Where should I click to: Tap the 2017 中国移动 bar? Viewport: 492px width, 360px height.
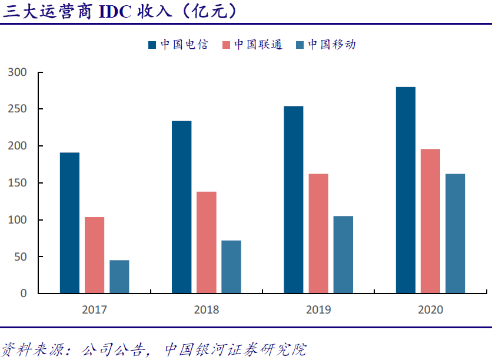point(119,276)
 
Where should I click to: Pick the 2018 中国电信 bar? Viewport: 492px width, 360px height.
point(181,206)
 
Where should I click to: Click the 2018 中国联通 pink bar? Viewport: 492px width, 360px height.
point(206,242)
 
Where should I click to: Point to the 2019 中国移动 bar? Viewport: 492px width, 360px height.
point(343,254)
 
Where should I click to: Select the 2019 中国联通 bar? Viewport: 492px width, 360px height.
point(318,233)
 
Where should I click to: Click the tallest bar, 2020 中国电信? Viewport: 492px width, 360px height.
point(405,189)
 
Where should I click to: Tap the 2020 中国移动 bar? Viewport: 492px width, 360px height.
point(455,233)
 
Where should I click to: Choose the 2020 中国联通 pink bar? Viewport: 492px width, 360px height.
point(430,221)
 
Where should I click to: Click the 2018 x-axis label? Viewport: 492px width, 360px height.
point(206,309)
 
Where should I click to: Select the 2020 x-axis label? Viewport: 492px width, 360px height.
point(430,309)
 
